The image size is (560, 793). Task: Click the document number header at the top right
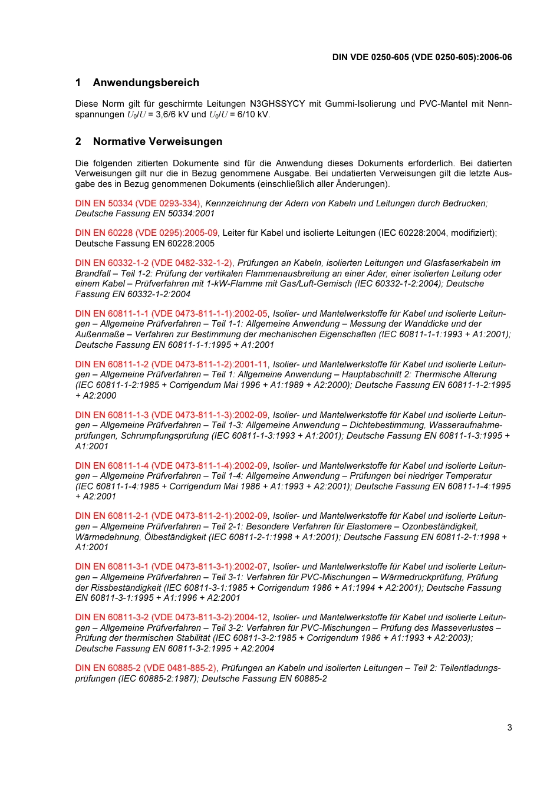click(421, 57)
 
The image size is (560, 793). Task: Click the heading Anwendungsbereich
click(146, 83)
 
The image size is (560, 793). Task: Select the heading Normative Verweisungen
click(157, 142)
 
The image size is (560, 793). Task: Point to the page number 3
click(509, 728)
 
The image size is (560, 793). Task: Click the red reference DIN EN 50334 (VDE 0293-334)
click(138, 203)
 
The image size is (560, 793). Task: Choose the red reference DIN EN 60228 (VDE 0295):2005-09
click(146, 233)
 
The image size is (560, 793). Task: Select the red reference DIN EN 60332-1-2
click(154, 263)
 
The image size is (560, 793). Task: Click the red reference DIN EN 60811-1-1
click(171, 314)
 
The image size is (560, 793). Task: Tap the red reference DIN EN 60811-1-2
click(171, 364)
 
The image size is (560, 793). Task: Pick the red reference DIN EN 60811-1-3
click(171, 415)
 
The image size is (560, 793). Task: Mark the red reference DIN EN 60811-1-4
click(171, 466)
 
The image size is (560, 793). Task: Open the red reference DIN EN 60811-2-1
click(171, 516)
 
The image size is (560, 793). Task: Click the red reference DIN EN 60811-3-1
click(171, 567)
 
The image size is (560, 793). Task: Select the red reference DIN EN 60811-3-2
click(171, 617)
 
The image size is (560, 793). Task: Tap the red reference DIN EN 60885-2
click(146, 668)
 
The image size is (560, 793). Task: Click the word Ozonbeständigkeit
click(440, 527)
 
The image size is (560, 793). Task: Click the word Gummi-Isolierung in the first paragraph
click(358, 104)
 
